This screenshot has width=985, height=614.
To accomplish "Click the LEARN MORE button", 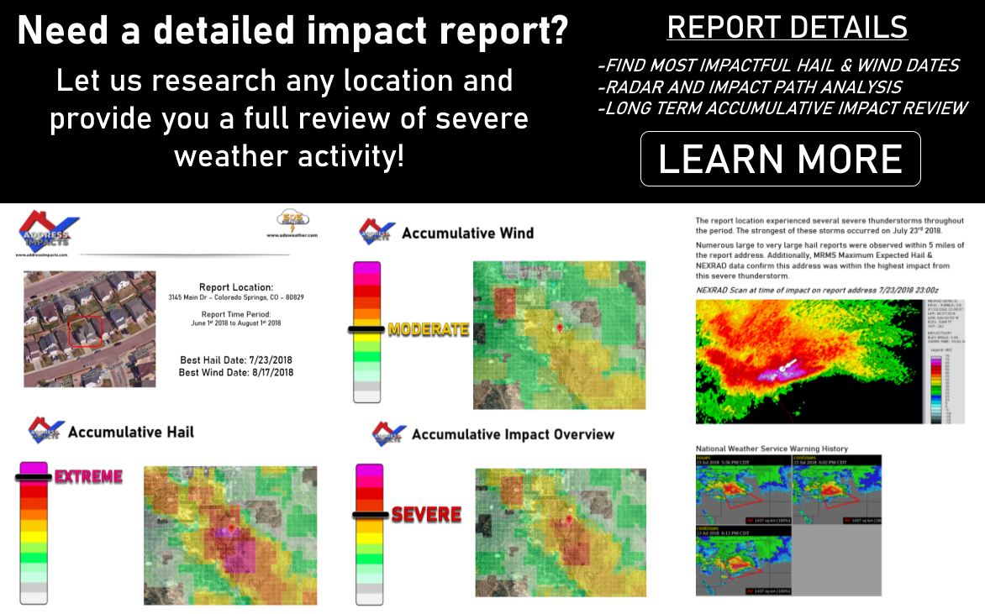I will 780,159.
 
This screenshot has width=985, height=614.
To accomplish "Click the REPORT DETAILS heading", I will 787,27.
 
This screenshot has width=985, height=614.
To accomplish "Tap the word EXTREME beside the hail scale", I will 88,477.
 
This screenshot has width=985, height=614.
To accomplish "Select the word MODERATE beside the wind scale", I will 428,329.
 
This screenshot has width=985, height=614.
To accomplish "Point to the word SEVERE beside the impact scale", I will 426,514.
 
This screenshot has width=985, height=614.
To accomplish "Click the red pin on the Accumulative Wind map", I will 560,328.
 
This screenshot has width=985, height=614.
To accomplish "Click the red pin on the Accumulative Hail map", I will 232,528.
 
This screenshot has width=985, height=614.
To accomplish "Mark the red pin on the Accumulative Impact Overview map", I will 569,521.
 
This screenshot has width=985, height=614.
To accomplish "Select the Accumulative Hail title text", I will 130,432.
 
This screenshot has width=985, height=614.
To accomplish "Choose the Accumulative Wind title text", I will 467,233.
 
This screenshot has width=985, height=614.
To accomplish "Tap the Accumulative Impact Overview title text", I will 513,434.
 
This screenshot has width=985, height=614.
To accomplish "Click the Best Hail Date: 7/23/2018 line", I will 236,359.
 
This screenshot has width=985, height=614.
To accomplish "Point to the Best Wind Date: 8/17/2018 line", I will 236,372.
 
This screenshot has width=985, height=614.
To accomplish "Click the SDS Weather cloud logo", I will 292,222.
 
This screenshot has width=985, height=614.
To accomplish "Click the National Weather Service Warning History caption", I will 772,449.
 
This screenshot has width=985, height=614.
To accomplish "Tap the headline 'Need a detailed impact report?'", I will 292,32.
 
